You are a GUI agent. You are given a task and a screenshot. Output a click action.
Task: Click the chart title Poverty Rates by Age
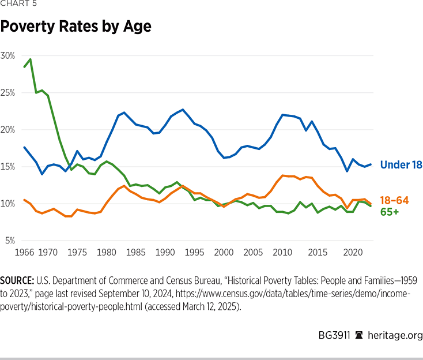(75, 27)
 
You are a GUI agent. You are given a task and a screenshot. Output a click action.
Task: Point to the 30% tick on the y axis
(9, 55)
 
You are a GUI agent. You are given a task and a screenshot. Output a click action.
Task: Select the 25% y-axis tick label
(9, 92)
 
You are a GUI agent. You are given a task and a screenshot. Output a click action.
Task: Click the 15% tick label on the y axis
(9, 167)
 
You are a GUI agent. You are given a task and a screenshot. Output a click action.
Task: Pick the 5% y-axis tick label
(10, 241)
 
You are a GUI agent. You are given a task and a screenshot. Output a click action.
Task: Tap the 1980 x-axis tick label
(105, 252)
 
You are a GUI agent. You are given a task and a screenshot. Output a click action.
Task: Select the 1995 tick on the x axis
(195, 252)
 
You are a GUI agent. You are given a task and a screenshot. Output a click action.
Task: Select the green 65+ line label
(390, 212)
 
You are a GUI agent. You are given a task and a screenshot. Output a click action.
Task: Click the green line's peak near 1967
(30, 59)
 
